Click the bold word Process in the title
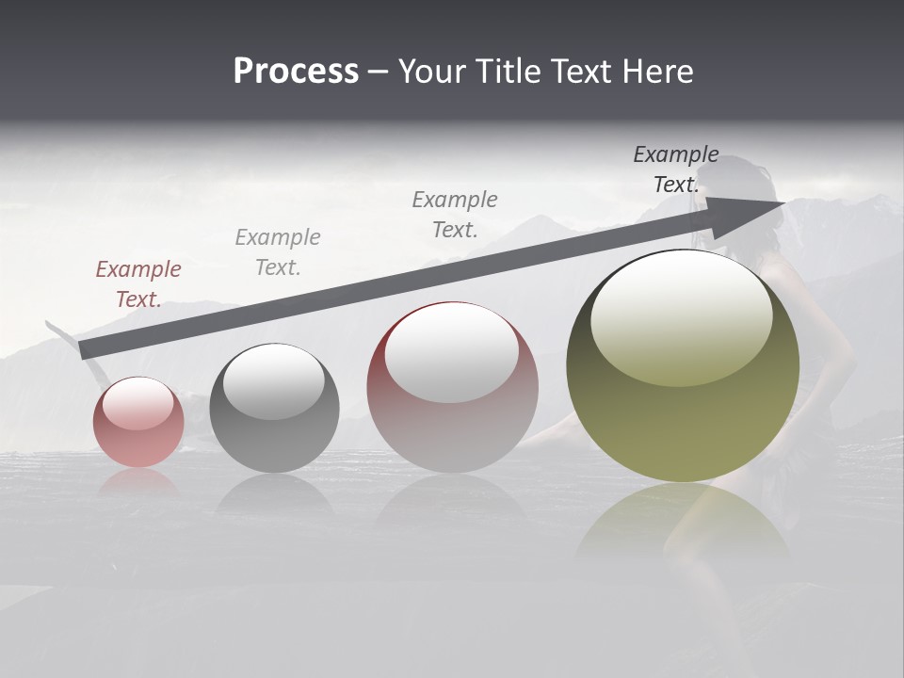(296, 72)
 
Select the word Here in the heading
(656, 72)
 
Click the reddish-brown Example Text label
(138, 283)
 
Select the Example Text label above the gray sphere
(278, 251)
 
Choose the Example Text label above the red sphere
(455, 214)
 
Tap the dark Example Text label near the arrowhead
(675, 169)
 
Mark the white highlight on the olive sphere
(681, 318)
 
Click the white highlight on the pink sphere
(138, 403)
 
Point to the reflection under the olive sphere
(683, 523)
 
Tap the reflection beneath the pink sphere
(138, 482)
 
